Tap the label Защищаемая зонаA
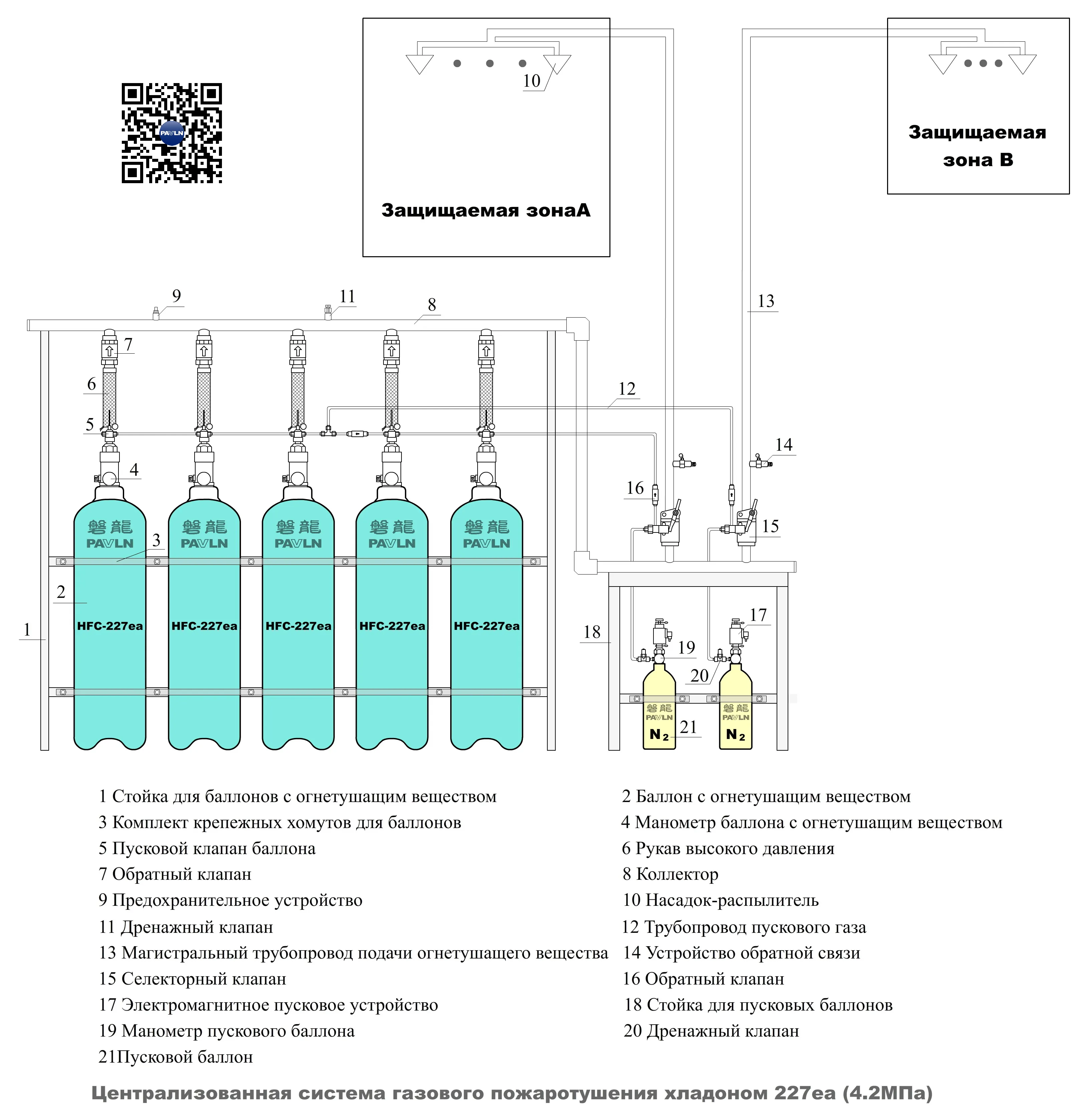tap(486, 210)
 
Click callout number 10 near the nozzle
tap(531, 81)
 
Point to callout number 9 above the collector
tap(177, 296)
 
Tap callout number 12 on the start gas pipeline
tap(627, 388)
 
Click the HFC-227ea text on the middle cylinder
tap(298, 626)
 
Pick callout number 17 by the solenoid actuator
tap(758, 615)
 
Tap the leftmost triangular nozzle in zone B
tap(942, 63)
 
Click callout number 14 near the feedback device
tap(783, 445)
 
